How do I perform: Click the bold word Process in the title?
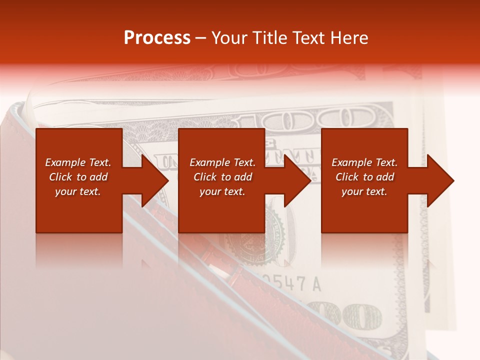click(x=157, y=38)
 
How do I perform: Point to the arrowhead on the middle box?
click(x=297, y=180)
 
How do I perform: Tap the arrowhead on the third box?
click(x=440, y=180)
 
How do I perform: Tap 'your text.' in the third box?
click(x=364, y=191)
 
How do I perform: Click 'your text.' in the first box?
click(x=78, y=191)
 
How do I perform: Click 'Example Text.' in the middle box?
click(x=222, y=162)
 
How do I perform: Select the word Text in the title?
click(x=307, y=38)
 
